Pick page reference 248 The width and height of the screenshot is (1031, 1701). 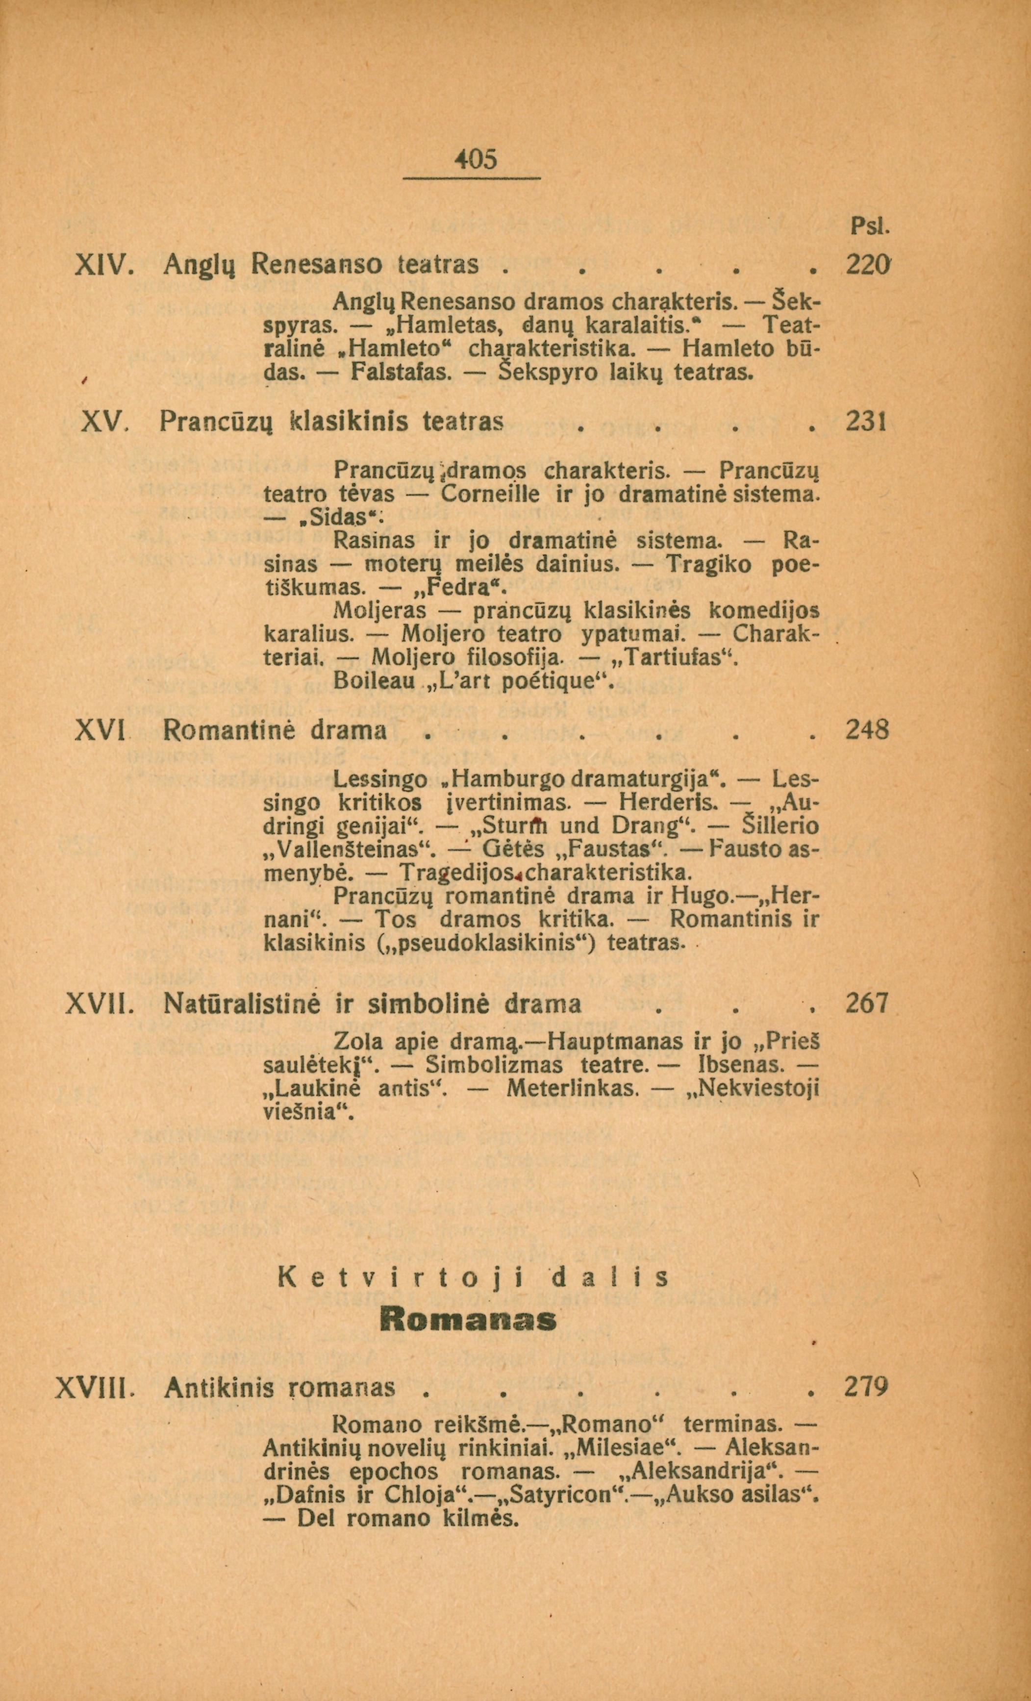[867, 730]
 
